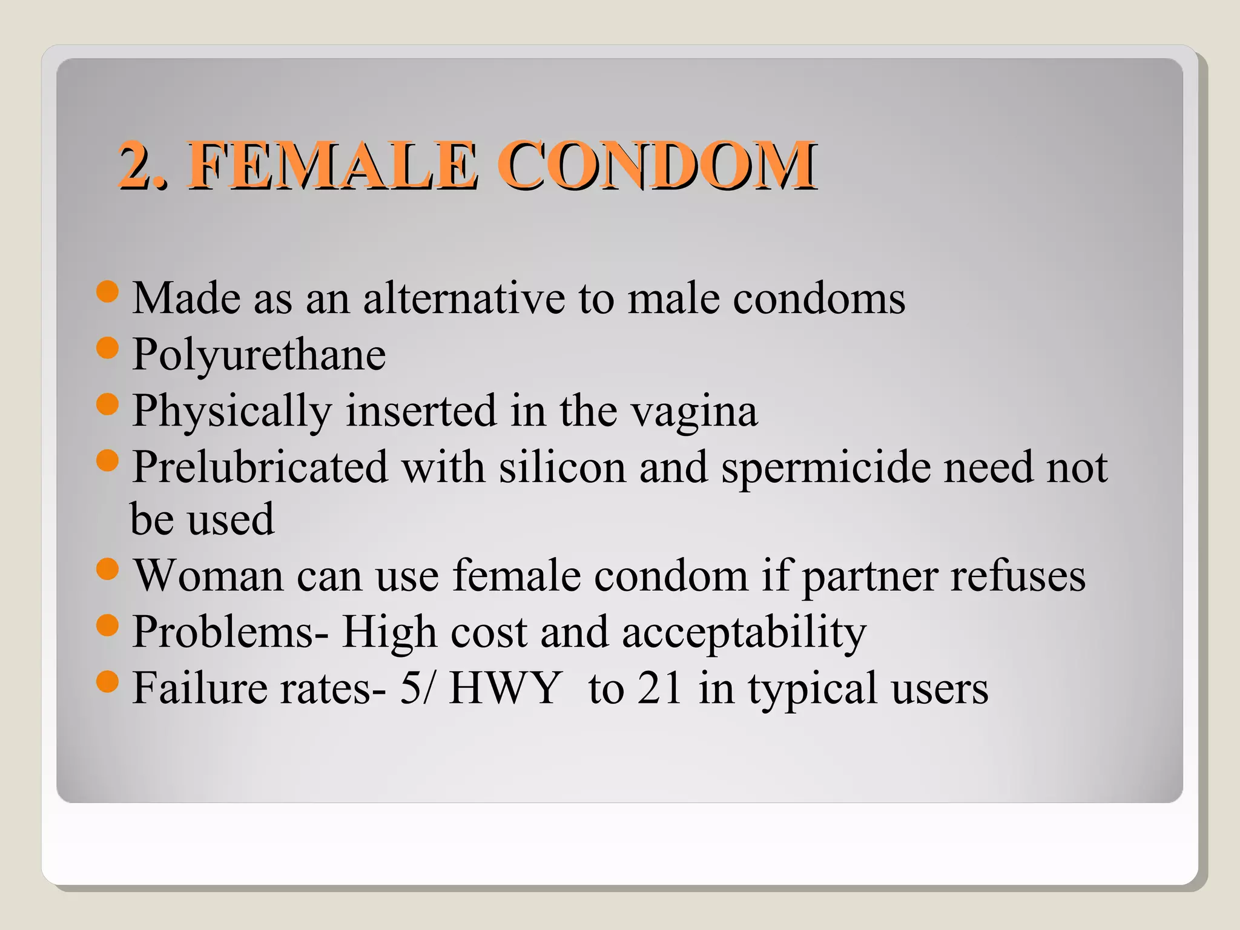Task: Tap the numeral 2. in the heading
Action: (143, 165)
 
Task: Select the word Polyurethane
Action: (259, 355)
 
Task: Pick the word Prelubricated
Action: (260, 467)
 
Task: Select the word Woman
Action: (208, 575)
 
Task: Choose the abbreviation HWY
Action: (504, 688)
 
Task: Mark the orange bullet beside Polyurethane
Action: (107, 348)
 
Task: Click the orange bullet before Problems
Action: (107, 625)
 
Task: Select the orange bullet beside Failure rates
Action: (107, 682)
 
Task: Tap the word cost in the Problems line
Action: (489, 632)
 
